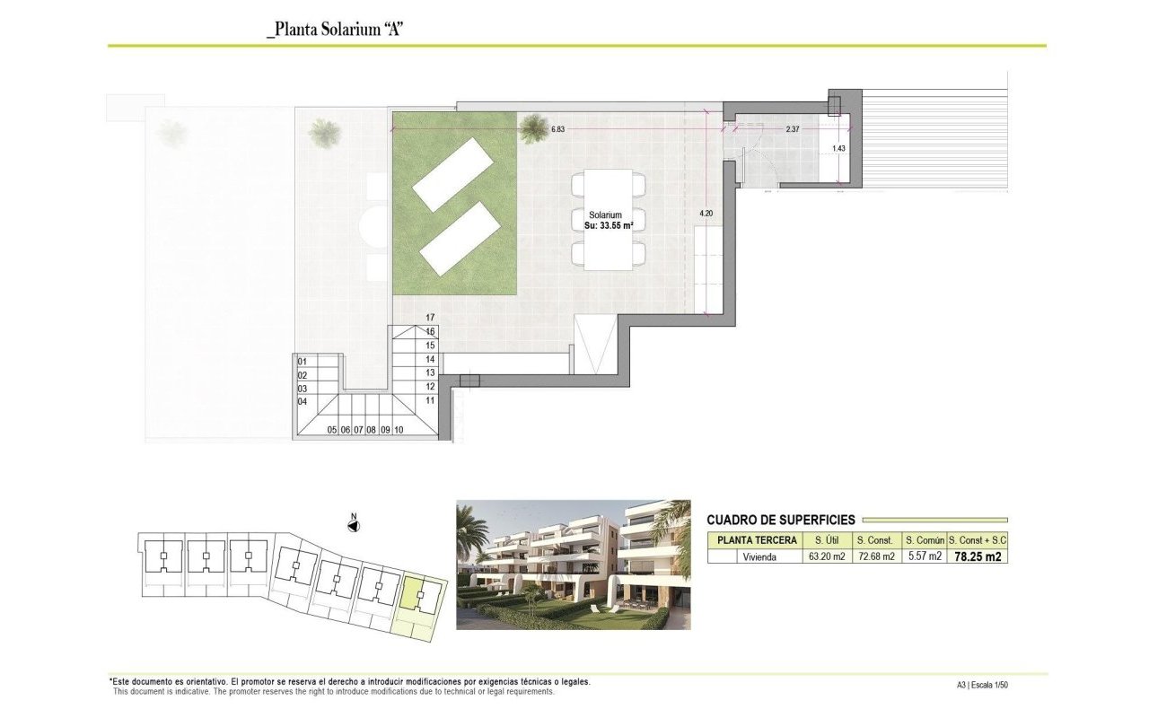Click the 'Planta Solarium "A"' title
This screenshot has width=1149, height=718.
(335, 30)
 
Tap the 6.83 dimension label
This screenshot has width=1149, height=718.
(557, 129)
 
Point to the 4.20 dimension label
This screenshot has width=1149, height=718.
(706, 214)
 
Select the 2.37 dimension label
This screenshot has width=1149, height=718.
(793, 129)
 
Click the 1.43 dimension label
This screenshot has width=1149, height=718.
(838, 148)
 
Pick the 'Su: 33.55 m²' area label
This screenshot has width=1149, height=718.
(609, 225)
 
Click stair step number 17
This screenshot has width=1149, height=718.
(430, 318)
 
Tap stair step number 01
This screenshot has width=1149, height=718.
(303, 362)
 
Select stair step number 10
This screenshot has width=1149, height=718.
(399, 430)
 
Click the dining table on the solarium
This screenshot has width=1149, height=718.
(609, 220)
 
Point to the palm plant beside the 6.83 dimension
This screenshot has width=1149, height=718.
(534, 128)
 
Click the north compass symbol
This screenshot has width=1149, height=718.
(354, 525)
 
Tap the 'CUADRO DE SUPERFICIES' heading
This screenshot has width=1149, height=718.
(781, 520)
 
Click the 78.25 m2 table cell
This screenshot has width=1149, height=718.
(978, 556)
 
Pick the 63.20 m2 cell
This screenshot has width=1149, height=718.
(827, 556)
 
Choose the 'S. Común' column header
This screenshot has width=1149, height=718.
(925, 540)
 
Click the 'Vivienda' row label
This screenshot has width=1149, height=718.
(759, 557)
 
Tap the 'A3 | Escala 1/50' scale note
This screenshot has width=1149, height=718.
(982, 685)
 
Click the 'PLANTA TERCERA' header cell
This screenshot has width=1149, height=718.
(757, 540)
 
